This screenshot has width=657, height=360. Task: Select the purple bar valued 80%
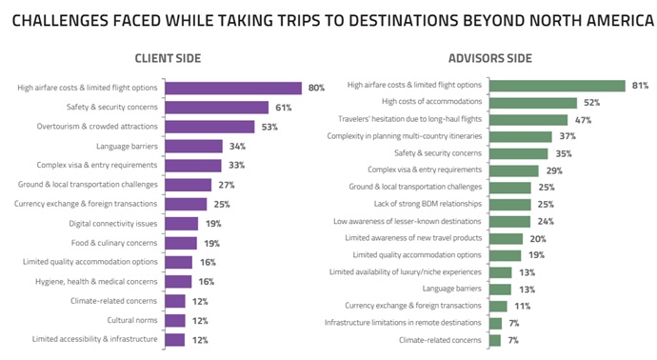[232, 88]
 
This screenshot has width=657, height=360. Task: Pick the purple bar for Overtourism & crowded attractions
[209, 127]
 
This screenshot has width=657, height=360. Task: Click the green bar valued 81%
[556, 85]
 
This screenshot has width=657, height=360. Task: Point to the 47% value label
[581, 119]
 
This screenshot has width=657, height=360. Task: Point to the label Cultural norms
[134, 320]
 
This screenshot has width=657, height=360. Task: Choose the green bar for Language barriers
[499, 289]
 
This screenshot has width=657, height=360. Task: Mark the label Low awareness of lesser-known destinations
[411, 221]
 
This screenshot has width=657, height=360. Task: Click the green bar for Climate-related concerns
[495, 340]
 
